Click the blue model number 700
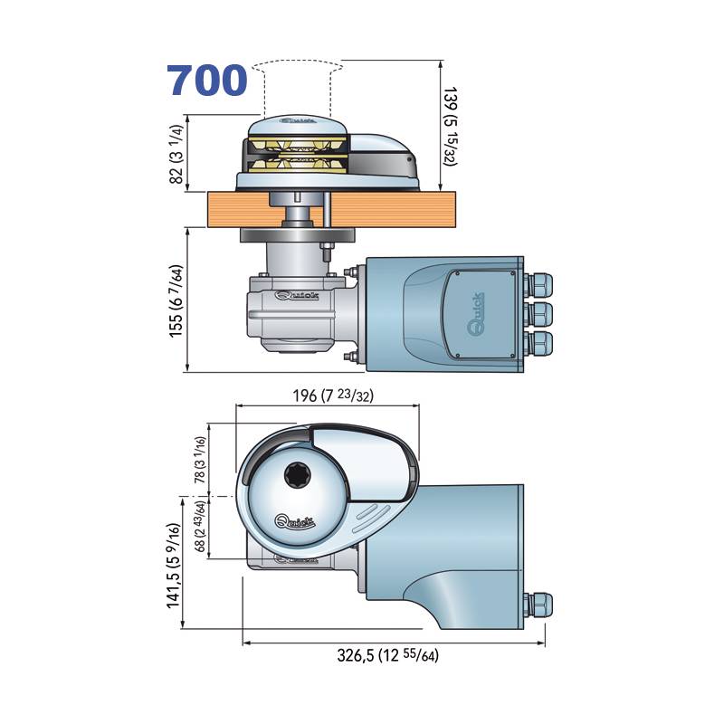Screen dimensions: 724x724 [207, 81]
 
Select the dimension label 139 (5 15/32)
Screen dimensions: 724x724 [450, 126]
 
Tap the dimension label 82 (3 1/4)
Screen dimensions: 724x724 [177, 154]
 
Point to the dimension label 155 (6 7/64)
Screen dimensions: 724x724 [176, 301]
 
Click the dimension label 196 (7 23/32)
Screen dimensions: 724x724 [333, 395]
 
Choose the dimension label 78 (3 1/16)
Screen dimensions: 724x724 [199, 460]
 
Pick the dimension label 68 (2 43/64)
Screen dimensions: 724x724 [199, 527]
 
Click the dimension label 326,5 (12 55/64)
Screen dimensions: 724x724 [388, 654]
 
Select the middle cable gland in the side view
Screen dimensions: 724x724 [538, 314]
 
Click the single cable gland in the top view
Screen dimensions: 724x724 [538, 605]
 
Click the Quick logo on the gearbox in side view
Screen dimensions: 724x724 [297, 295]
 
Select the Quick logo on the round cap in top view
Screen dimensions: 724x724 [295, 522]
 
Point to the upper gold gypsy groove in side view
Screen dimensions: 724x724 [298, 147]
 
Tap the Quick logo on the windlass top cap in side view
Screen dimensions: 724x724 [298, 121]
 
